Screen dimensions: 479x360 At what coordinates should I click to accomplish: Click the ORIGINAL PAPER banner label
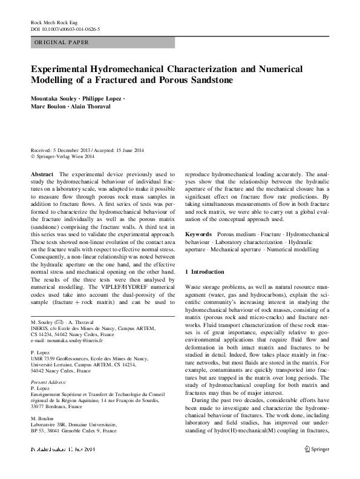[x=61, y=42]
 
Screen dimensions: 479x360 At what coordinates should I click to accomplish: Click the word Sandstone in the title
[x=208, y=80]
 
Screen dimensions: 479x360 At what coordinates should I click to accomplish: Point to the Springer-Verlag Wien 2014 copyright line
[x=63, y=156]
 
